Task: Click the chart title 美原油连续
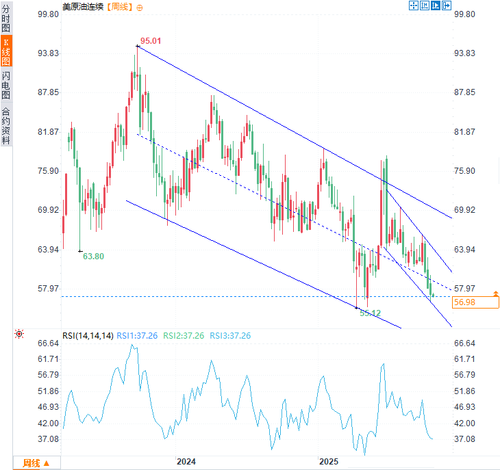point(83,7)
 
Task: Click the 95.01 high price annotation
point(151,41)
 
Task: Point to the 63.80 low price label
point(94,257)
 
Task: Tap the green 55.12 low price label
point(370,313)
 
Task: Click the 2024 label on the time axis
point(186,462)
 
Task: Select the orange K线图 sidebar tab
point(6,51)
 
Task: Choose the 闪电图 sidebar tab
point(6,85)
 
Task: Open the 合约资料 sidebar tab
point(6,125)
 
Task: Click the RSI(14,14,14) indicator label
point(88,335)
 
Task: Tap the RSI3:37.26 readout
point(230,335)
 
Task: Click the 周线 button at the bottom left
point(36,463)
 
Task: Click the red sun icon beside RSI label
point(19,335)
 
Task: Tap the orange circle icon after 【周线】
point(140,7)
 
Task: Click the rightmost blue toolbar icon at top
point(447,6)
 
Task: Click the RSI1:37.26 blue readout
point(138,335)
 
